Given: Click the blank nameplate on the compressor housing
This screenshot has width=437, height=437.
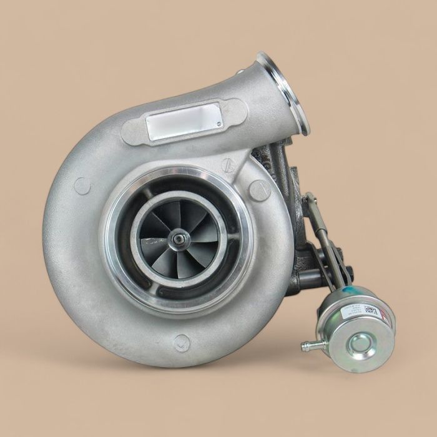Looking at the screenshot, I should point(184,121).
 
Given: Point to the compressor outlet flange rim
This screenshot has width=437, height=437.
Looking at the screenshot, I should point(284,94).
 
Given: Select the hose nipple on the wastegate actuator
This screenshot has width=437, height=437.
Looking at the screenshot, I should point(307,345).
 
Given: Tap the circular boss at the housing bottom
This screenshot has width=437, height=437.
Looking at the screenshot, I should point(182,342).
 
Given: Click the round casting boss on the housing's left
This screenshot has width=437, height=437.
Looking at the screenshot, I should point(82,185).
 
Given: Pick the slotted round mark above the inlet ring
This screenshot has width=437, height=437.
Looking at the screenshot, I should point(228,165).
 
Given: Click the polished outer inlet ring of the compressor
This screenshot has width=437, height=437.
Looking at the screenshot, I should point(119,262).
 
